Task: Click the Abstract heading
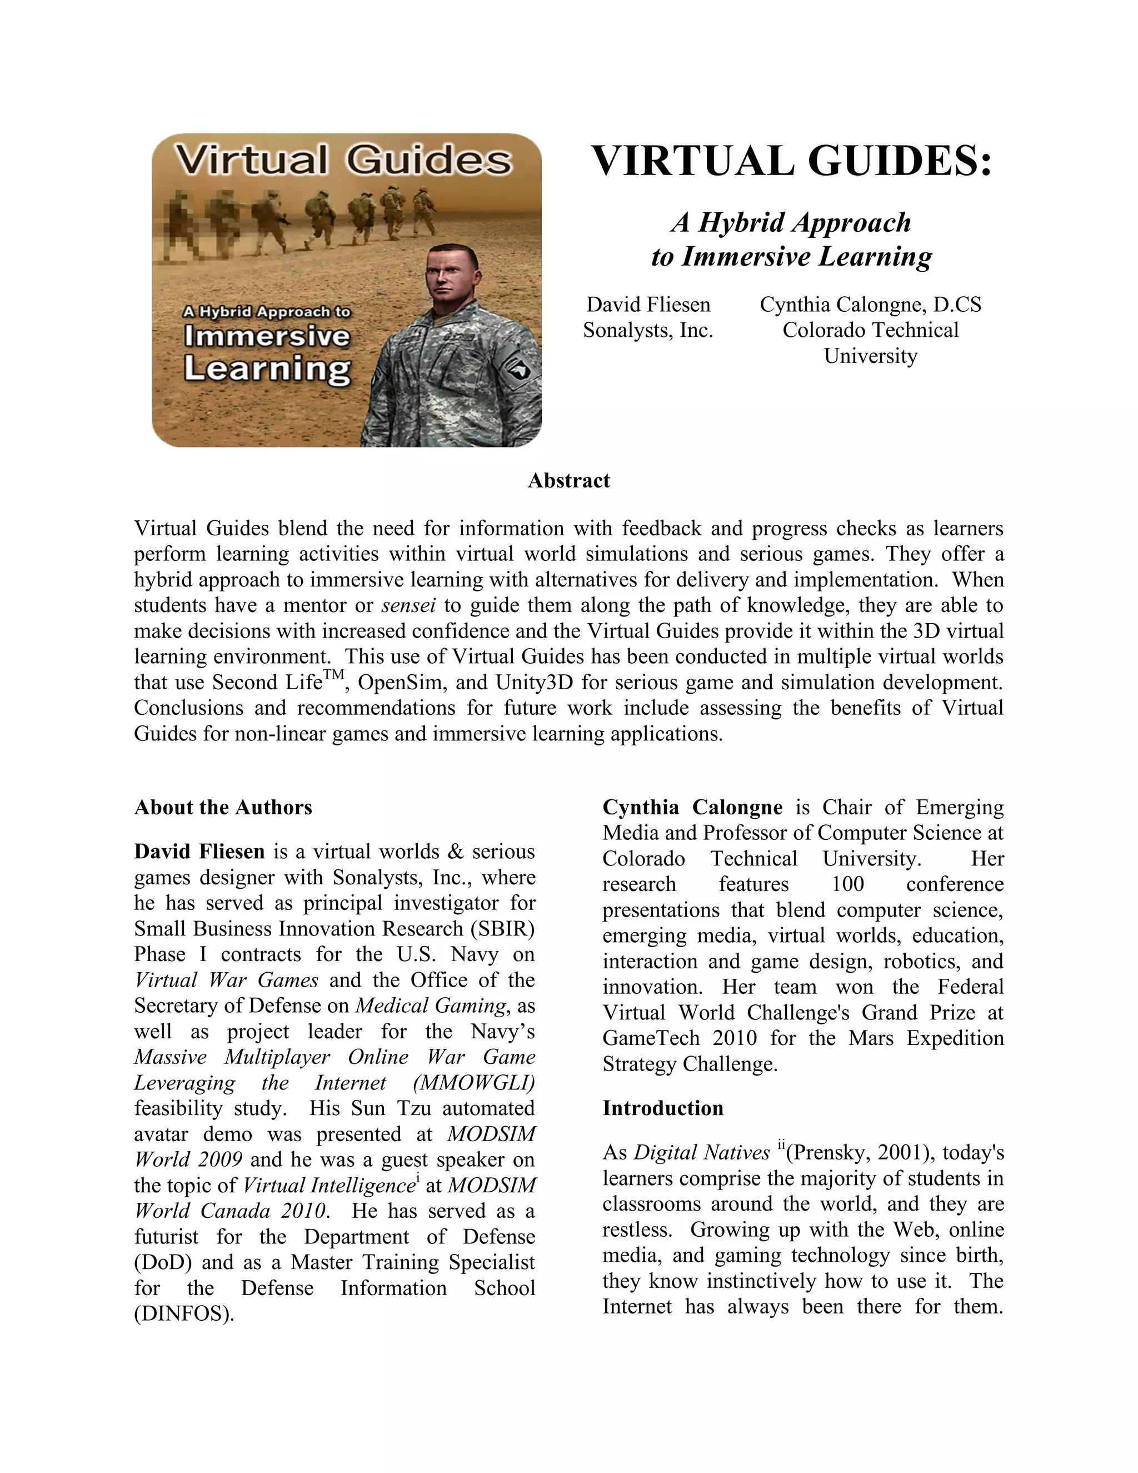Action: (568, 480)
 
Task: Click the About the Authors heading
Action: (223, 807)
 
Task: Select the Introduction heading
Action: (663, 1108)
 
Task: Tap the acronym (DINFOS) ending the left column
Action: (183, 1314)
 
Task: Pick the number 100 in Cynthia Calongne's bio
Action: (847, 884)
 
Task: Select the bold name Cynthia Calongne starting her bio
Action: (692, 807)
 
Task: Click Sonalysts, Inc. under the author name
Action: (648, 331)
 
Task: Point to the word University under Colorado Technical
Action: (870, 356)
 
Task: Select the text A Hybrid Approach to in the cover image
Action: (267, 312)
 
